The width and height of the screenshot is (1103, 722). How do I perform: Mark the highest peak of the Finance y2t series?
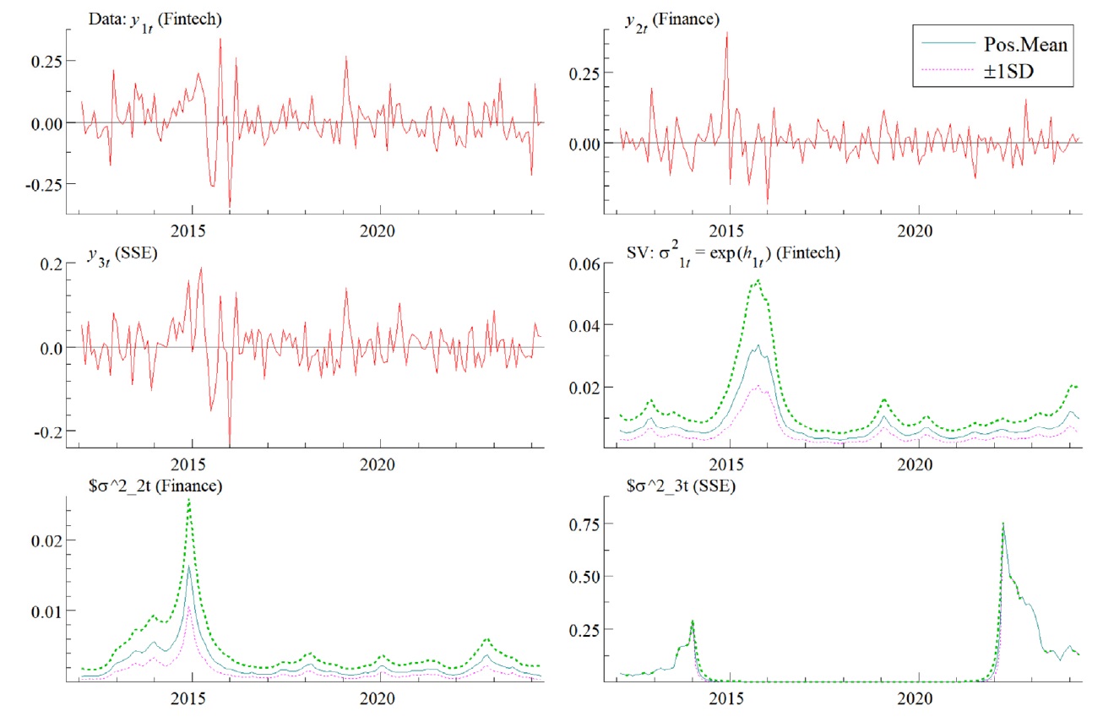(726, 33)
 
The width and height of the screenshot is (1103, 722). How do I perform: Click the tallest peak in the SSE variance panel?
(1002, 524)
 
